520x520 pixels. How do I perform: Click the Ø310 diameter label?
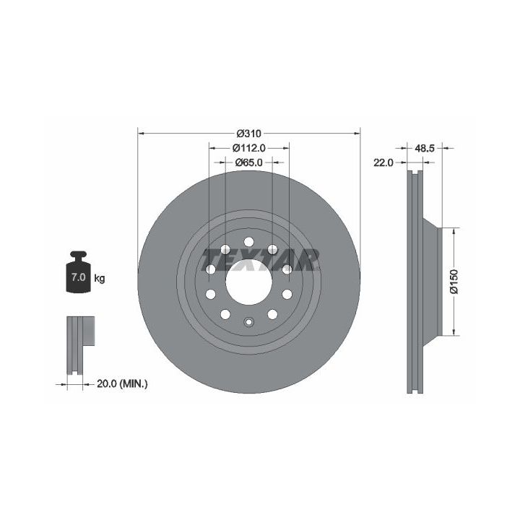[x=248, y=134]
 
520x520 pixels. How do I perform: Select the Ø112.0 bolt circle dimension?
[x=248, y=148]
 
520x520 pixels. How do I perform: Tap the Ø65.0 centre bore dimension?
[x=248, y=162]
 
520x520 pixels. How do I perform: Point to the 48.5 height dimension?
[x=425, y=148]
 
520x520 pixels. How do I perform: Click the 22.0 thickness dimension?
[x=383, y=162]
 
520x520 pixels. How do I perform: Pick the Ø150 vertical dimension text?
[x=454, y=282]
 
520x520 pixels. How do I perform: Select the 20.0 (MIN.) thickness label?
[x=122, y=384]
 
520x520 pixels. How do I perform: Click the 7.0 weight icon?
[x=78, y=272]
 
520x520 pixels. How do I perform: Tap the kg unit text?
[x=100, y=278]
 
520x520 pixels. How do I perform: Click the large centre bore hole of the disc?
[x=248, y=282]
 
